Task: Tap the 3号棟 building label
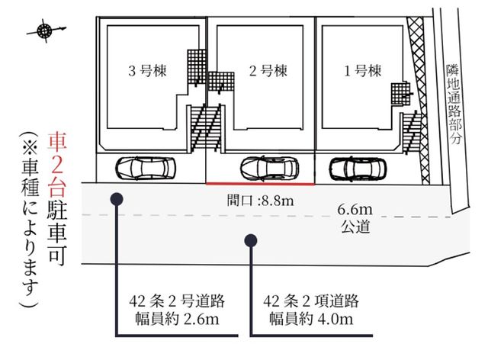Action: pos(147,71)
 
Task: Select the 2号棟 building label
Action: pos(268,71)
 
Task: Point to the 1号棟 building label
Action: pos(363,71)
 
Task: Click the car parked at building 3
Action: pos(146,169)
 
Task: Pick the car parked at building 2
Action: pos(269,169)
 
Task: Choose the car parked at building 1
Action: pos(358,169)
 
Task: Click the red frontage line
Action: pos(260,184)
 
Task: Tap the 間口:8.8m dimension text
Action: pos(260,201)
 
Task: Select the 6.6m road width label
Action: pos(355,210)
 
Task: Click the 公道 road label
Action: pos(355,227)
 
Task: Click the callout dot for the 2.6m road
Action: pos(117,199)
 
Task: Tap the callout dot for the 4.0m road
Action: pos(251,240)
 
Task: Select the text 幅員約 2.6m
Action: pos(177,320)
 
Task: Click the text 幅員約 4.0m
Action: pos(311,320)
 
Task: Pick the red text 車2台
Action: pos(56,166)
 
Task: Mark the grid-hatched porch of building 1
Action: pos(400,94)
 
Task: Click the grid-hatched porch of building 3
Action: pos(197,66)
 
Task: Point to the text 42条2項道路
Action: pos(311,301)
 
